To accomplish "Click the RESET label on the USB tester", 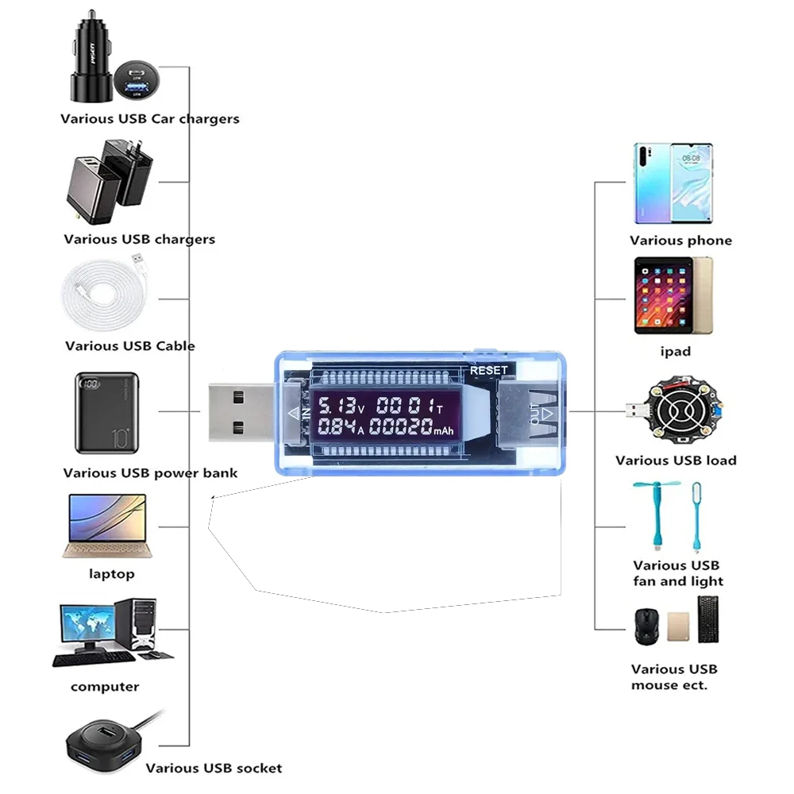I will [488, 370].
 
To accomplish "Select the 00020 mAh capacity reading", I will [402, 429].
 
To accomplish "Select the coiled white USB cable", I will [103, 297].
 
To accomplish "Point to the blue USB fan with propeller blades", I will [658, 512].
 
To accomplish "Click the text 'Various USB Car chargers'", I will [149, 119].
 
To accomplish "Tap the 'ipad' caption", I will [675, 352].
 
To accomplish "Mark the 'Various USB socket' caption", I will [214, 768].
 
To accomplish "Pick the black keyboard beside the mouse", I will [708, 619].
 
